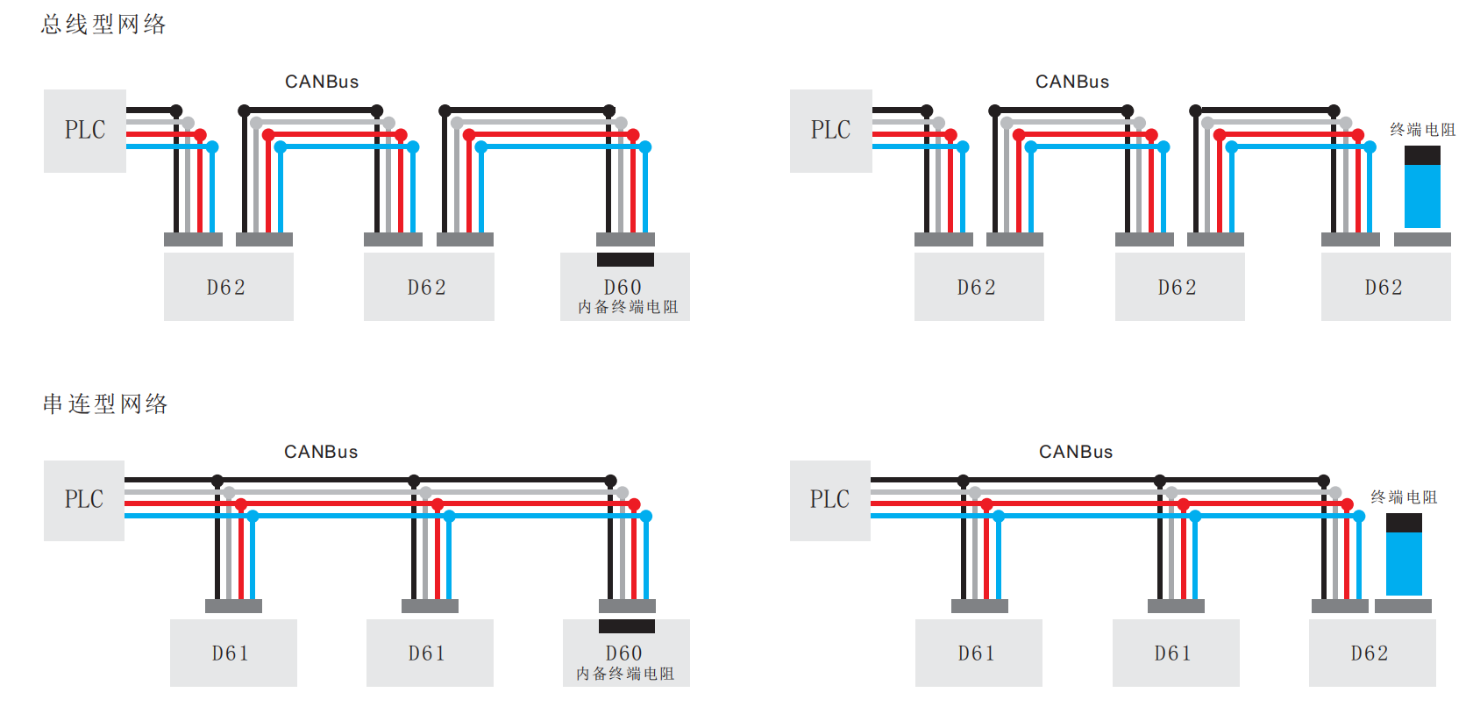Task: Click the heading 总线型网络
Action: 103,25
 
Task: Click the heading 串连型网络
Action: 105,403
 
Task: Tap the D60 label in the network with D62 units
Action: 623,287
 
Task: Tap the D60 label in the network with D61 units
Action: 623,653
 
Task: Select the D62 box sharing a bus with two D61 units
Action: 1371,653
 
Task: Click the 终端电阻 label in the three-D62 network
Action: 1422,130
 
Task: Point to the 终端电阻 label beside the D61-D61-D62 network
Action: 1404,497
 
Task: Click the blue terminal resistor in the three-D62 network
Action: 1422,195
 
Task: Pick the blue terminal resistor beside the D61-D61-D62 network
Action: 1404,562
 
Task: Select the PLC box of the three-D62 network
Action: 830,131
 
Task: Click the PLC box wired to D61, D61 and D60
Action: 84,500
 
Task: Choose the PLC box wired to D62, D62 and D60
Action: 85,131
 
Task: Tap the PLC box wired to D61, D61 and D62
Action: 829,500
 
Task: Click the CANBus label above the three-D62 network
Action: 1072,82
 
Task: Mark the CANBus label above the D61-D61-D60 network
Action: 321,452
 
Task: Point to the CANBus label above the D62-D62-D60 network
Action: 322,82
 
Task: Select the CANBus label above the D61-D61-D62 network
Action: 1076,452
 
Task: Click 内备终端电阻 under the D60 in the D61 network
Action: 625,674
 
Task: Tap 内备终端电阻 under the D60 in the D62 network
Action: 628,307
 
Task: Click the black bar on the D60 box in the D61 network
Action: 626,626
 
